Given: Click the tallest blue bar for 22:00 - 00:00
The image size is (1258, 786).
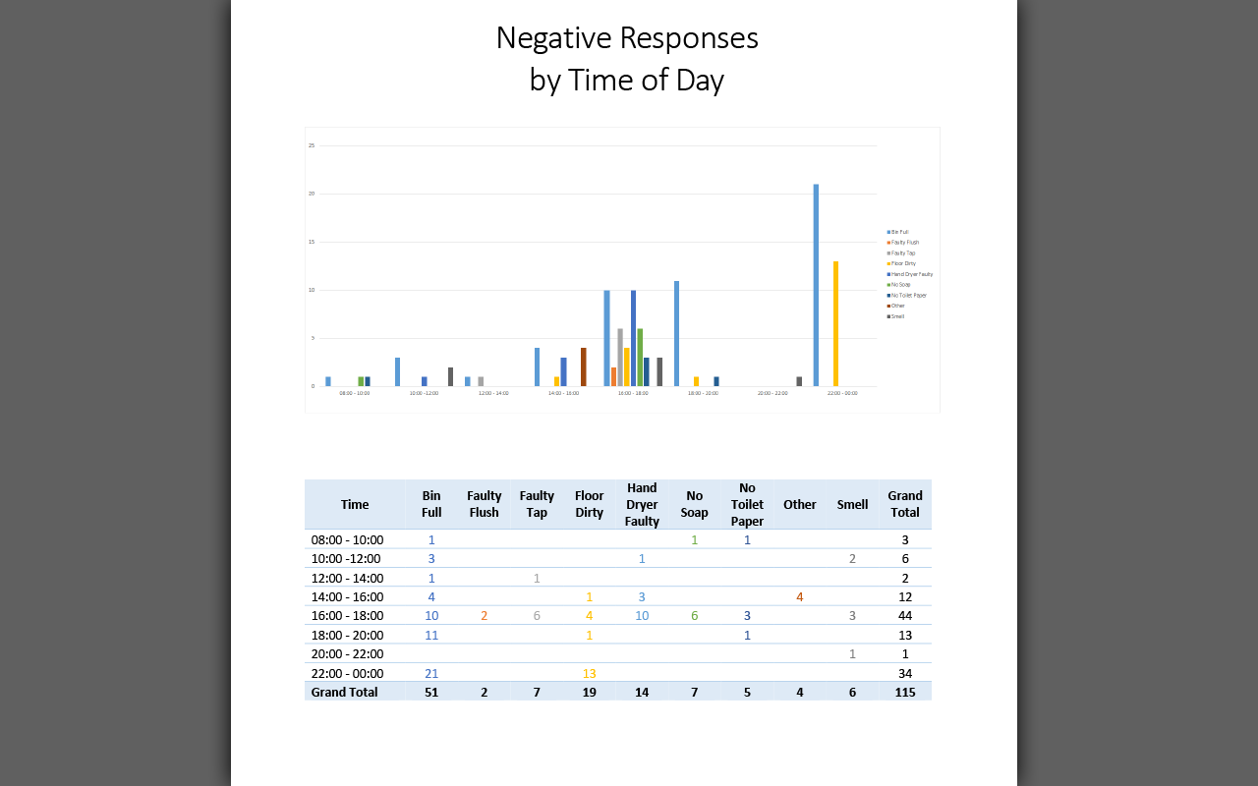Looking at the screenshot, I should [x=816, y=285].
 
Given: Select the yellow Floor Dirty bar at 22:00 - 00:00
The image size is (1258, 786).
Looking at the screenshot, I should [x=835, y=324].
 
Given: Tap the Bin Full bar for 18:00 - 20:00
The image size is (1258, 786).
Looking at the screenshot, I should [x=676, y=334].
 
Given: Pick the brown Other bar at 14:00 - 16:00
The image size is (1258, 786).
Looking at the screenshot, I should [x=583, y=367].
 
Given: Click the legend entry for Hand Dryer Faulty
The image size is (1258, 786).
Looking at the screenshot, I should [x=911, y=274].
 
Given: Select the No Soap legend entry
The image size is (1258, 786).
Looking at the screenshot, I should [x=901, y=285].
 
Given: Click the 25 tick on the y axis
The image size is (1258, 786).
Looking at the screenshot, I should [x=312, y=145].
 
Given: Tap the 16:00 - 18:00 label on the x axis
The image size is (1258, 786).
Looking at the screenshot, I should [x=633, y=393].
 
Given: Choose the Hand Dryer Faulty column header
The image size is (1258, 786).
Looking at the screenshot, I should [x=642, y=504].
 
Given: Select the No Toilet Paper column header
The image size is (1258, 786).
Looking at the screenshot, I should [x=747, y=504].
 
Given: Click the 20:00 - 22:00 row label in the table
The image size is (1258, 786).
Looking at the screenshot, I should [x=348, y=653].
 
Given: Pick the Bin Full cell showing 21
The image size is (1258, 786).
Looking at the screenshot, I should [x=431, y=673].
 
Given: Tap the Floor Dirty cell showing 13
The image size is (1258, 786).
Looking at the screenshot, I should [x=590, y=673].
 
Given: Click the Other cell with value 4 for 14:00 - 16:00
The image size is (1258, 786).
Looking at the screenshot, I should [x=800, y=596].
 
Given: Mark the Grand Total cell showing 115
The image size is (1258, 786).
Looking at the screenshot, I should [x=905, y=692].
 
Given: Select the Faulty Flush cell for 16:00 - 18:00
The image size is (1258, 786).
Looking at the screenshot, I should [x=484, y=616].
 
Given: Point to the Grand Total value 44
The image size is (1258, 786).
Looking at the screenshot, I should [x=905, y=616].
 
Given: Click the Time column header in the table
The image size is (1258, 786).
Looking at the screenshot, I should [x=355, y=504].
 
